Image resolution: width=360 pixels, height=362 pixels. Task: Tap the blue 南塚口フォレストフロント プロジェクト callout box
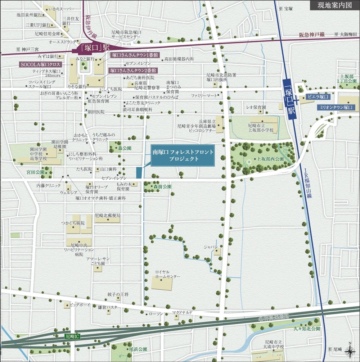point(183,156)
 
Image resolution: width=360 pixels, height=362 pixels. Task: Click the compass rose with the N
point(350,350)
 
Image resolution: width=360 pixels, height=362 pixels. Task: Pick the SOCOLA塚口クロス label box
point(40,64)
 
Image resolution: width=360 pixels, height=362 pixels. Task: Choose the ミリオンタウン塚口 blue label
point(334,107)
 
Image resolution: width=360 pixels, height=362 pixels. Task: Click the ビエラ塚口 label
point(318,97)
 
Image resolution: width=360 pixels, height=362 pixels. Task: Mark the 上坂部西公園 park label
point(270,159)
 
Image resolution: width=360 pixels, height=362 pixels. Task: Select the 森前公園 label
point(160,187)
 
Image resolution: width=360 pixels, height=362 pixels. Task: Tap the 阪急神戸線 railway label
point(312,35)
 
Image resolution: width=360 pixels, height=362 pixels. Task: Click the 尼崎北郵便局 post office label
point(107,215)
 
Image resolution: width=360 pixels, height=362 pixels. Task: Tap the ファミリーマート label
point(204,96)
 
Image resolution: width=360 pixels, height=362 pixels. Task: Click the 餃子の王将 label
point(118,294)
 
